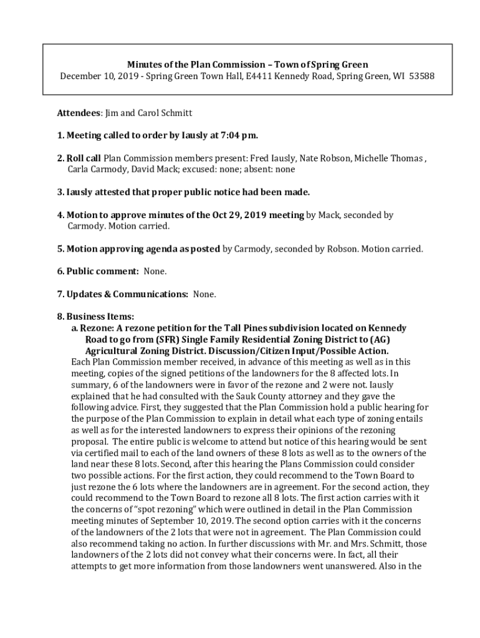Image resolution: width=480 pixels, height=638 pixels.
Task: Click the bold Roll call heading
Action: point(84,158)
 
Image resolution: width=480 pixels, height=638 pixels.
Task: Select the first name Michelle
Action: point(373,158)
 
